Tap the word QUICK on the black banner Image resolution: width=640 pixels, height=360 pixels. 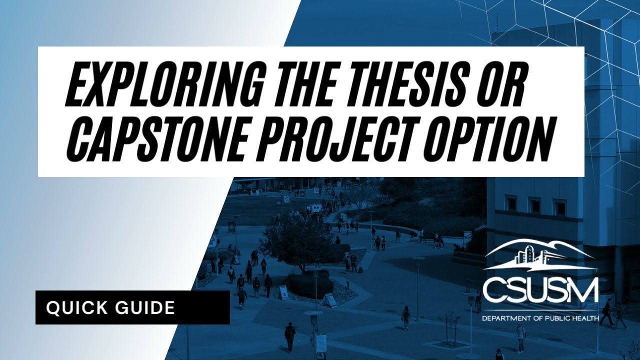click(x=75, y=307)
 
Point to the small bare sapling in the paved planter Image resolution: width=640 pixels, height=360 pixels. click(x=450, y=327)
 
